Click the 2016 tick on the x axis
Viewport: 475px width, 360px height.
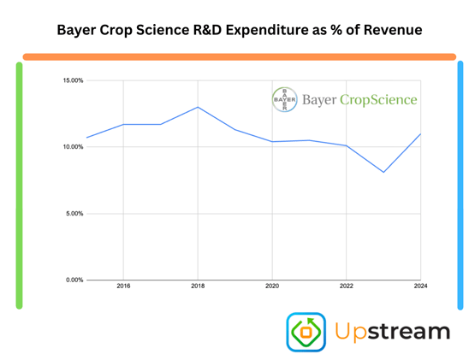point(123,287)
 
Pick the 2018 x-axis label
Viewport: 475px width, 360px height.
point(198,287)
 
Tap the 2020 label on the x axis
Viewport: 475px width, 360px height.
point(272,287)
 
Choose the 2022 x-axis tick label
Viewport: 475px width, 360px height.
point(346,287)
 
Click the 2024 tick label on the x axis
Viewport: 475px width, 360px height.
point(419,287)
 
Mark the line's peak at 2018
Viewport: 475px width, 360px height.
point(198,107)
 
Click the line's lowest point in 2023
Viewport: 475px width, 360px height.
point(383,172)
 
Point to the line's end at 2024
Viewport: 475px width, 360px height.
point(420,134)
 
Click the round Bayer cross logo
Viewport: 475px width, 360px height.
point(283,99)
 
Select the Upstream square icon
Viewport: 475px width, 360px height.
point(306,333)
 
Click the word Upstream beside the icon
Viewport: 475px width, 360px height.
point(392,332)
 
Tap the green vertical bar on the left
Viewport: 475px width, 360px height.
point(19,185)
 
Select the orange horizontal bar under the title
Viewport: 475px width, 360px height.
point(239,56)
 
